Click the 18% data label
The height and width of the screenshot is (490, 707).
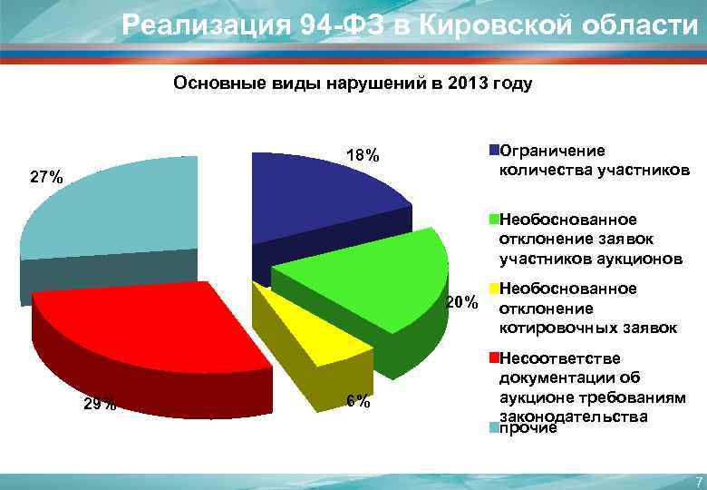click(x=361, y=155)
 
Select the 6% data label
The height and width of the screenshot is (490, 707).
click(x=358, y=403)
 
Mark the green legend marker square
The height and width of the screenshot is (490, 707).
click(x=494, y=219)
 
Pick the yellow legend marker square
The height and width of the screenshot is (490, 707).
click(x=494, y=289)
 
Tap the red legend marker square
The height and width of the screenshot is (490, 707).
click(x=494, y=358)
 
